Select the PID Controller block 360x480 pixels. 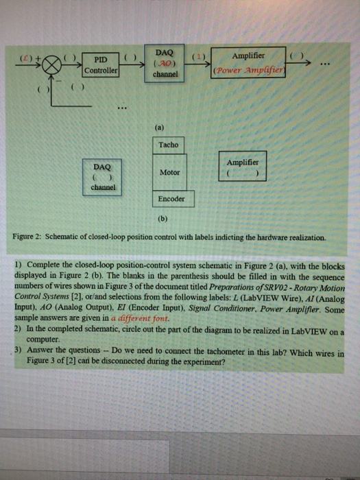101,65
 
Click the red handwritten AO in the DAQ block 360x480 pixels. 165,62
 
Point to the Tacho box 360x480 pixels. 168,145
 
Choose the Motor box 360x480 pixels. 169,172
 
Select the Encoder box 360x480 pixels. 171,199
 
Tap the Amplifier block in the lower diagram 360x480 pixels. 242,167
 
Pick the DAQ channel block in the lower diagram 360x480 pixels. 101,176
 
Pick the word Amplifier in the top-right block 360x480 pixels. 249,56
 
